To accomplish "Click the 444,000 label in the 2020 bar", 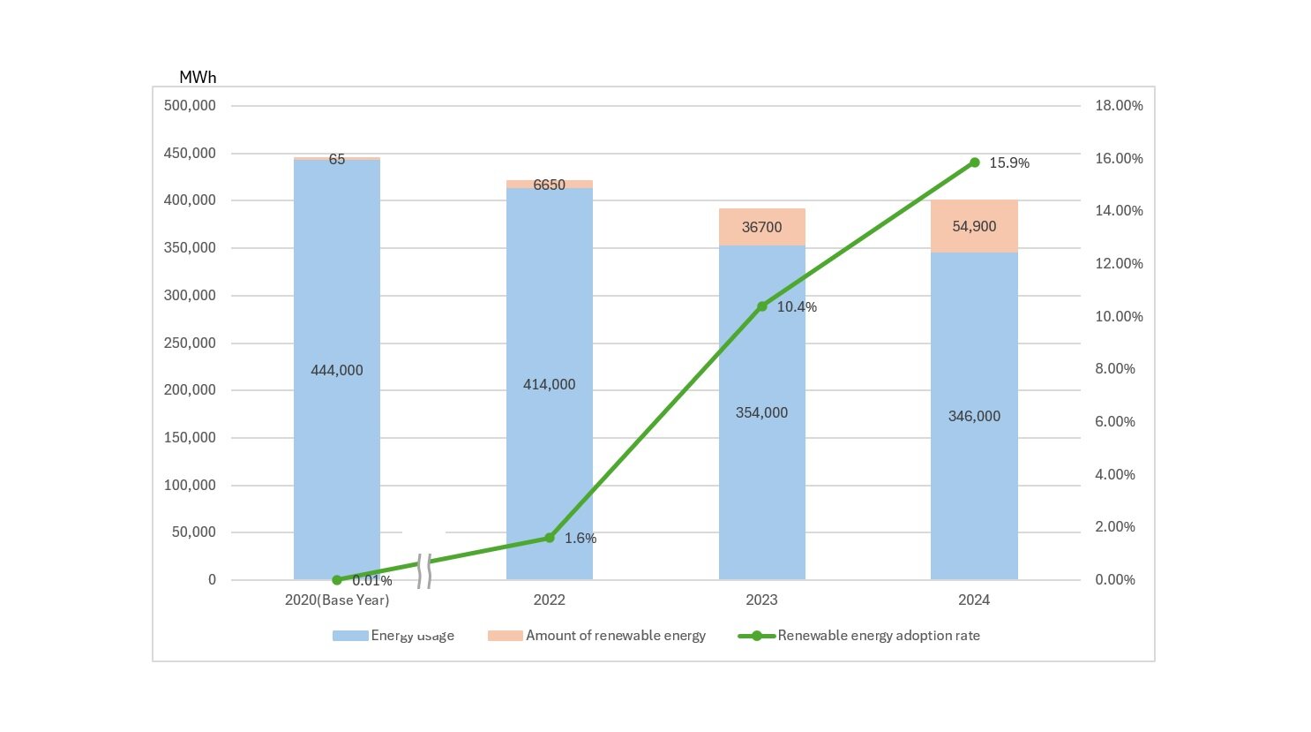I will [x=336, y=371].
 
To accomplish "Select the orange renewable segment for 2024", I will [x=974, y=227].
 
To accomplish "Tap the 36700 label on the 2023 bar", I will [x=761, y=228].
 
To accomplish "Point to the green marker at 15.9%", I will [x=974, y=162].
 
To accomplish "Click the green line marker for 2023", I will [x=762, y=306].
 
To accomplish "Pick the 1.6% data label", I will [x=581, y=539].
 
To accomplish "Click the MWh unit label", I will [x=198, y=78].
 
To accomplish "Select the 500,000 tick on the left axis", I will [x=190, y=106].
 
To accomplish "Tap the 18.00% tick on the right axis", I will [x=1119, y=106].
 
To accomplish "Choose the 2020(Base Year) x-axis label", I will [x=337, y=600].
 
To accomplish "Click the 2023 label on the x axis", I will [x=761, y=600].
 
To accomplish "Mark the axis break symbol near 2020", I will [x=423, y=570].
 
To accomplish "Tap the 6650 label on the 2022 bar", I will [x=549, y=185].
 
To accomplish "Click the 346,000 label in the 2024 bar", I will [x=974, y=417].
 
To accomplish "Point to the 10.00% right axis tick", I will [x=1119, y=317].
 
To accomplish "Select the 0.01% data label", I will [x=371, y=581].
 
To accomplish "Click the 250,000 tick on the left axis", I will [x=190, y=343].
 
